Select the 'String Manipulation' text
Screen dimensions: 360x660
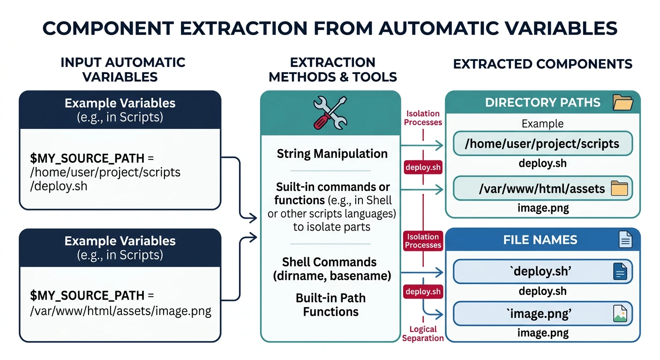click(x=332, y=154)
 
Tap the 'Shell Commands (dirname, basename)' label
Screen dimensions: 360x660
click(x=332, y=269)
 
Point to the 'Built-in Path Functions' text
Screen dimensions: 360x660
click(x=330, y=305)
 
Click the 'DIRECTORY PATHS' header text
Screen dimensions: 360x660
click(x=542, y=103)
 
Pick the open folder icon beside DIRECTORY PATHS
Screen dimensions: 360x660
click(x=623, y=102)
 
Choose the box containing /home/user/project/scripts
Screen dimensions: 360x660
click(x=542, y=144)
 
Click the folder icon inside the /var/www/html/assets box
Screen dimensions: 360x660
click(x=620, y=189)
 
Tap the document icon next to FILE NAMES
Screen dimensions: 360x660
click(x=625, y=240)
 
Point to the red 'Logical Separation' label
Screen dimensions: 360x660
click(x=423, y=334)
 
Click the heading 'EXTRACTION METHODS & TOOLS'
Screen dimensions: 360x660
click(x=332, y=69)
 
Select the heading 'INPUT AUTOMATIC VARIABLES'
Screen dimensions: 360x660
click(x=123, y=69)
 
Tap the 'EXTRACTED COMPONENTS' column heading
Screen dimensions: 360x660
click(x=542, y=64)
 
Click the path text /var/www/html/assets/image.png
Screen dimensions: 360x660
click(x=120, y=311)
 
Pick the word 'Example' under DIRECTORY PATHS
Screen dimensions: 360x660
click(x=542, y=124)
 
